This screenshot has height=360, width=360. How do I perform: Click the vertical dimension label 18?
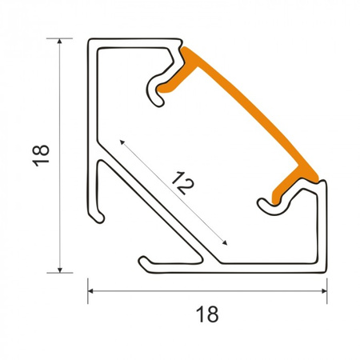(x=41, y=155)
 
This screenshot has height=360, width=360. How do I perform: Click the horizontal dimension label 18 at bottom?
(x=207, y=314)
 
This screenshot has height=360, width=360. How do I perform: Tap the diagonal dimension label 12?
(x=182, y=183)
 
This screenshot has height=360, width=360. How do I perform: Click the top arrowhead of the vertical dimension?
(x=60, y=41)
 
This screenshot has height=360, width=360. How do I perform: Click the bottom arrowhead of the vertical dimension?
(x=60, y=270)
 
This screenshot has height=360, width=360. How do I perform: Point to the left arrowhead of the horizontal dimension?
(x=90, y=291)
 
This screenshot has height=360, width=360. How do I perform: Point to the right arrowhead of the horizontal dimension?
(x=324, y=291)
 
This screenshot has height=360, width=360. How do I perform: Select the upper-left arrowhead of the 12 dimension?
(x=122, y=142)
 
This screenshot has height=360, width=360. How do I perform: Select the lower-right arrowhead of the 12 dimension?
(x=225, y=242)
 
